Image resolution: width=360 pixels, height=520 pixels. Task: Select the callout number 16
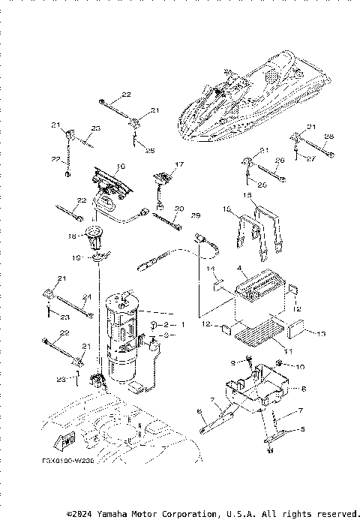[120, 166]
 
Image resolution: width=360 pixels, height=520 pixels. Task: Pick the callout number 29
[196, 215]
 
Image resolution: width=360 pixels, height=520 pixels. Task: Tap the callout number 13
[323, 333]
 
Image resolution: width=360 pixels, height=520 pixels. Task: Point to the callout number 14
[211, 268]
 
